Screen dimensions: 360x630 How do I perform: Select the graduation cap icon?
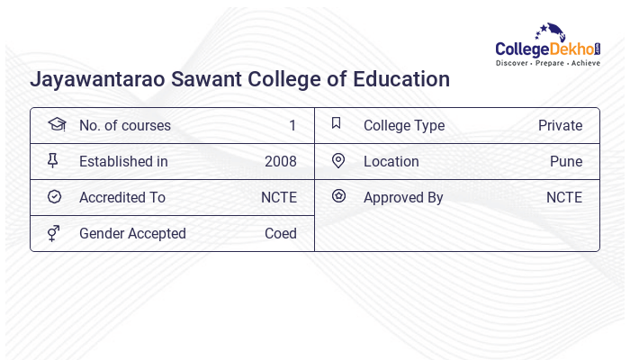pyautogui.click(x=56, y=124)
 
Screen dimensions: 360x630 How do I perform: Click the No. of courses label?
pyautogui.click(x=124, y=126)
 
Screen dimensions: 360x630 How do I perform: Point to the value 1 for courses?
pyautogui.click(x=292, y=126)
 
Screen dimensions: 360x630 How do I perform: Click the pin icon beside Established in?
pyautogui.click(x=53, y=161)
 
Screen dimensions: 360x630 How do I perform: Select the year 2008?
pyautogui.click(x=280, y=162)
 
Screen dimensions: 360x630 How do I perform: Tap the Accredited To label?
pyautogui.click(x=122, y=198)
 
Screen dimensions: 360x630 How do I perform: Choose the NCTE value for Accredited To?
pyautogui.click(x=278, y=198)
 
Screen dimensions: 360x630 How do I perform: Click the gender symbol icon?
pyautogui.click(x=53, y=233)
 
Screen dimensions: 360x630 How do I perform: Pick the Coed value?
pyautogui.click(x=280, y=234)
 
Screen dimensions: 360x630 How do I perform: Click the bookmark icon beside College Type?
pyautogui.click(x=337, y=124)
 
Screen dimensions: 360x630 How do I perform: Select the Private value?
pyautogui.click(x=560, y=126)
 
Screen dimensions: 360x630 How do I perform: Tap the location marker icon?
pyautogui.click(x=338, y=161)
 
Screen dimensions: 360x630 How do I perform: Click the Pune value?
pyautogui.click(x=566, y=162)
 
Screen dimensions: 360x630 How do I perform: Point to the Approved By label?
pyautogui.click(x=403, y=198)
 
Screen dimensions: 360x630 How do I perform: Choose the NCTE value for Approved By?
pyautogui.click(x=564, y=198)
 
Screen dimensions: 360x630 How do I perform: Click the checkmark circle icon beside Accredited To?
pyautogui.click(x=54, y=197)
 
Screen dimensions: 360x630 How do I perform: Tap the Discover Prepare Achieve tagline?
pyautogui.click(x=548, y=64)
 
